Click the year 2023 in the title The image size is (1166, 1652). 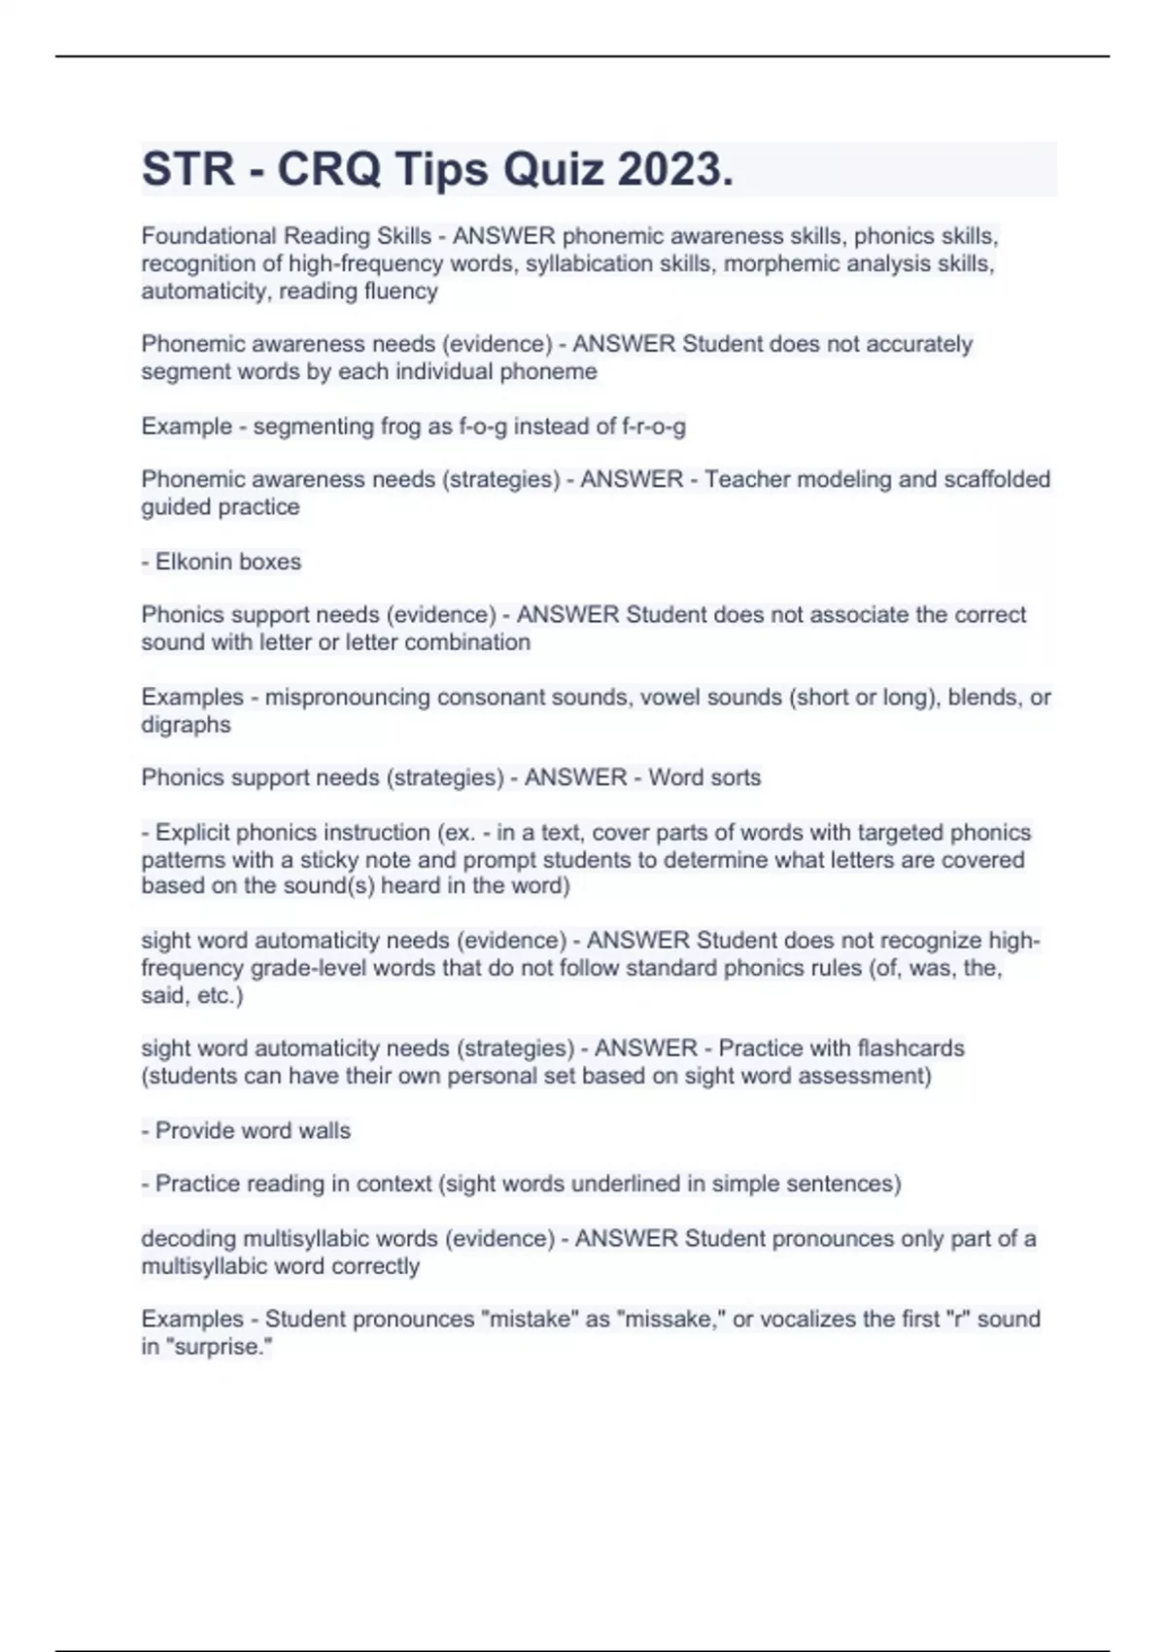(x=675, y=170)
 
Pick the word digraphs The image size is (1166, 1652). (x=186, y=725)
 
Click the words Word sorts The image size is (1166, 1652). (x=704, y=777)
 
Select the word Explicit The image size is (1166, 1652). (x=192, y=833)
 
